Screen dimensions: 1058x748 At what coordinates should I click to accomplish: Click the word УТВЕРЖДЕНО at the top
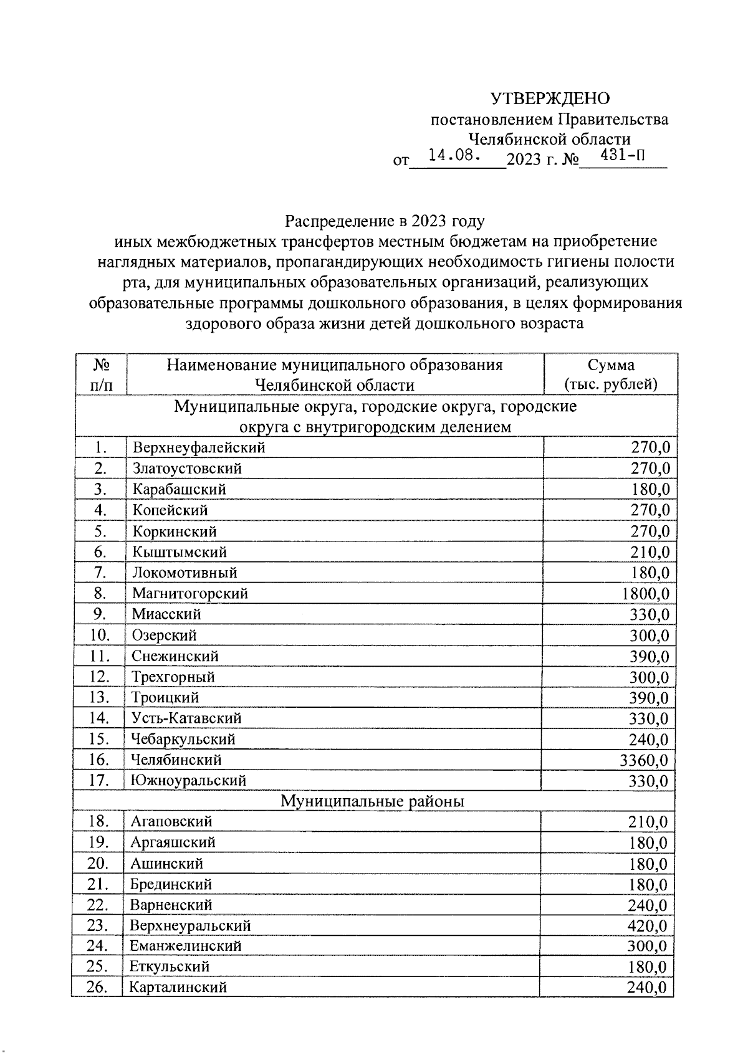pos(550,98)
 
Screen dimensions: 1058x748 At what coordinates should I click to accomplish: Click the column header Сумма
pos(611,365)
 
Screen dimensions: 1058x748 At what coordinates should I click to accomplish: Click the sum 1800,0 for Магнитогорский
pos(646,594)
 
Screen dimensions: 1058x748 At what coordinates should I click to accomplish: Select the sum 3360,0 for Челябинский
pos(645,760)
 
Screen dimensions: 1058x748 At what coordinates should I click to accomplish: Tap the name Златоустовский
pos(187,469)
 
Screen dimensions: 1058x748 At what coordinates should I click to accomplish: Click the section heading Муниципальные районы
pos(372,801)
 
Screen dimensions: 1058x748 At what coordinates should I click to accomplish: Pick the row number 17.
pos(100,781)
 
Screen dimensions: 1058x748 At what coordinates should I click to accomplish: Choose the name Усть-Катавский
pos(186,718)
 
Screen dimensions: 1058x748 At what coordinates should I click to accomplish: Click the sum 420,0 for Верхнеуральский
pos(648,926)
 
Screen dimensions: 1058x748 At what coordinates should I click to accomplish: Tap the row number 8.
pos(100,593)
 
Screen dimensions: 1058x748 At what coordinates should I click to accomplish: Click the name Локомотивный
pos(185,573)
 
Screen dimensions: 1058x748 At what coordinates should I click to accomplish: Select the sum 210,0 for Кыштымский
pos(650,552)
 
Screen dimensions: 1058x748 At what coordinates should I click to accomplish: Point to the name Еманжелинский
pos(186,946)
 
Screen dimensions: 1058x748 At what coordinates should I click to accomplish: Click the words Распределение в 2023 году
pos(384,221)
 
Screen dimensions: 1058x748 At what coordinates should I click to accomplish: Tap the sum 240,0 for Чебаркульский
pos(648,740)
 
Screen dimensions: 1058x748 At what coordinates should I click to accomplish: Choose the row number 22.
pos(98,905)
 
